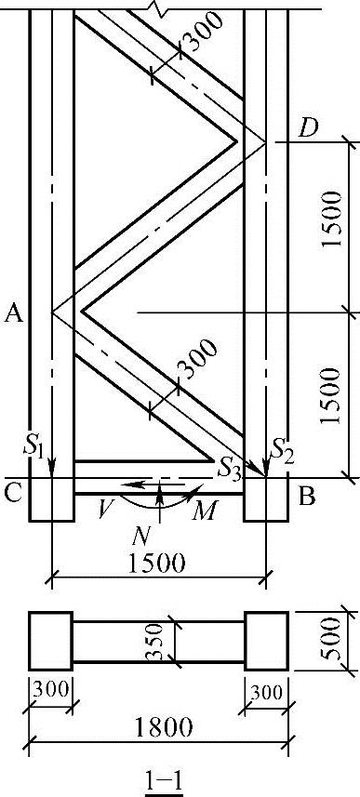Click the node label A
pos(14,315)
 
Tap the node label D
pos(308,129)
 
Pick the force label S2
pos(282,449)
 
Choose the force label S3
pos(228,468)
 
